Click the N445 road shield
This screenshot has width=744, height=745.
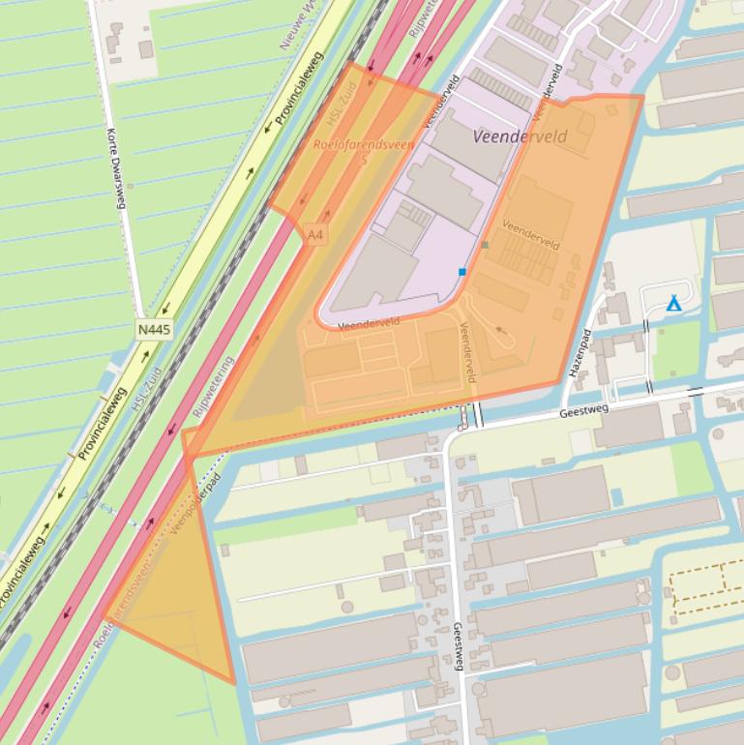[x=155, y=330]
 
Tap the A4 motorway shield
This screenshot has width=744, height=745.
[x=314, y=235]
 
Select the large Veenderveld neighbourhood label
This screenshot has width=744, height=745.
[x=520, y=136]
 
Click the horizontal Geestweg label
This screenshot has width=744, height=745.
[x=584, y=412]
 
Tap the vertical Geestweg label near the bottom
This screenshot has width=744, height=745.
[x=458, y=646]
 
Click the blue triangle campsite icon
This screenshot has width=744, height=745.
[x=673, y=305]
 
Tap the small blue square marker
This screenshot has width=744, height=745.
[x=462, y=272]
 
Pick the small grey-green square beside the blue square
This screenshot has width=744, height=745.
[x=485, y=245]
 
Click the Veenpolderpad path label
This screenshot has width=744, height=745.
[x=195, y=503]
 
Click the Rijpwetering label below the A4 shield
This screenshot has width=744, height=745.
[x=213, y=387]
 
